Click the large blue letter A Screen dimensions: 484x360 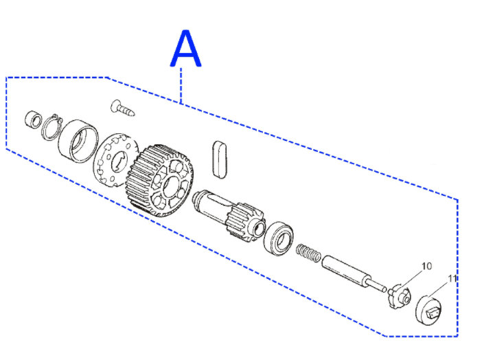(186, 48)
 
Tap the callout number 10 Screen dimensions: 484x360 (426, 266)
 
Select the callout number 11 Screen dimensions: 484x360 (452, 279)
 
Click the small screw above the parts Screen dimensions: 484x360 (122, 108)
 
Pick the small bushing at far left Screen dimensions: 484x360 (33, 119)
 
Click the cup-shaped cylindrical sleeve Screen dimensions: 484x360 (78, 142)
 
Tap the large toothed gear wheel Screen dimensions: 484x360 (160, 181)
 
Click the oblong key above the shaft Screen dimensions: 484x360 (220, 159)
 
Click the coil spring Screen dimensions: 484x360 (308, 253)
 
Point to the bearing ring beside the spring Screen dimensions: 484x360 (279, 238)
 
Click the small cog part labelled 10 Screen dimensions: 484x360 (400, 297)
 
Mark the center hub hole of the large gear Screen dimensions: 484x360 (171, 186)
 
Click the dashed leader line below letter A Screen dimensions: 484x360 (181, 86)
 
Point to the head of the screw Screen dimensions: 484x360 (115, 106)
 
